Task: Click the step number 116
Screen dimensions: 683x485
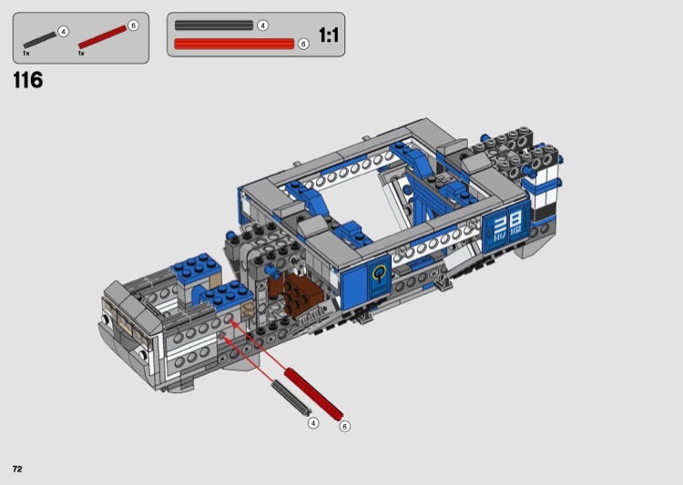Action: (28, 80)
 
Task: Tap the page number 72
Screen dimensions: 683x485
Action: (17, 469)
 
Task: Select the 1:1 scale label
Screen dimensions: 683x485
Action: (329, 35)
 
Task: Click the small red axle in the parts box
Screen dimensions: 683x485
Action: (102, 36)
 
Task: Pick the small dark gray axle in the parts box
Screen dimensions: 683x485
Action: (40, 39)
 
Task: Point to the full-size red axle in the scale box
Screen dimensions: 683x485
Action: (234, 44)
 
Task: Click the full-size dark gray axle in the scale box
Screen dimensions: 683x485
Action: (214, 25)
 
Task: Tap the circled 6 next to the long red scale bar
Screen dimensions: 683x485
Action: (303, 44)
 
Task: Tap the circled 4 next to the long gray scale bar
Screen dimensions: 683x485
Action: (262, 25)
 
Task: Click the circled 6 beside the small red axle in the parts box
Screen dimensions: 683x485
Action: (133, 25)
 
